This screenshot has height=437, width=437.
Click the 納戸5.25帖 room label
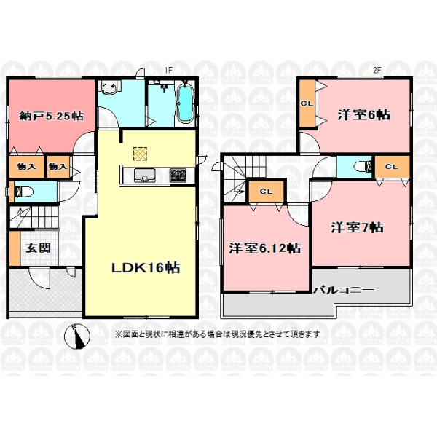click(x=51, y=116)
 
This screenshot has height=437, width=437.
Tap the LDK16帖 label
click(x=146, y=268)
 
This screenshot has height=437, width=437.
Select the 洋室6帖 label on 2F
click(x=363, y=115)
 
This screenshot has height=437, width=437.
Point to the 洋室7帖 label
click(x=357, y=228)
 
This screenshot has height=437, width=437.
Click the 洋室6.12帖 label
click(x=264, y=248)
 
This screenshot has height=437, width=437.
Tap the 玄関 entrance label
click(x=38, y=248)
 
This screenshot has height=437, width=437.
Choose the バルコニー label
click(x=344, y=290)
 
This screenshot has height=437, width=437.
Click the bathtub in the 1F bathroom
click(x=185, y=103)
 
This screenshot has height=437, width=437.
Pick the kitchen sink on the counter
click(x=144, y=175)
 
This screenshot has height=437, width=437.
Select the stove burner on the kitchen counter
click(x=178, y=176)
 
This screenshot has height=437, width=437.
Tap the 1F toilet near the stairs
click(x=24, y=192)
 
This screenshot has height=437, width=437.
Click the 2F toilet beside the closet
click(x=362, y=167)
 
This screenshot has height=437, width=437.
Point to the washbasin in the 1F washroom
click(x=109, y=88)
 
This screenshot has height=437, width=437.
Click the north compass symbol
click(x=77, y=336)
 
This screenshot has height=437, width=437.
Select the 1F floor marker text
click(x=168, y=70)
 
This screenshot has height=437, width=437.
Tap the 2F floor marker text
click(x=377, y=70)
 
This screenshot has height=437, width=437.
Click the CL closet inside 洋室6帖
click(x=307, y=103)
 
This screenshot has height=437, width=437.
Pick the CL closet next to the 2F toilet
click(x=392, y=167)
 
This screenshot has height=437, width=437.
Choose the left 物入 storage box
click(x=26, y=167)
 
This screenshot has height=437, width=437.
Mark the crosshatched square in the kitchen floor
click(x=140, y=154)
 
